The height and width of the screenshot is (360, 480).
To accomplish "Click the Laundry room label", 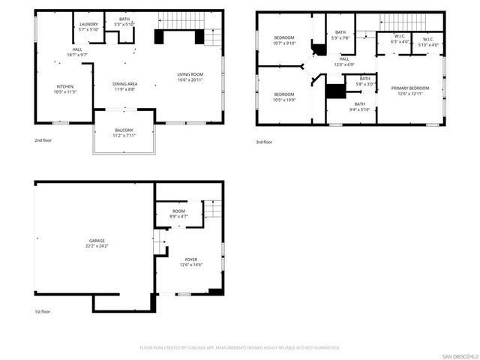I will tap(88, 27).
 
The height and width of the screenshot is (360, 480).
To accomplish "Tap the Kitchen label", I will tap(65, 88).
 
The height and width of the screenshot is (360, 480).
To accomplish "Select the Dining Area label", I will tap(124, 86).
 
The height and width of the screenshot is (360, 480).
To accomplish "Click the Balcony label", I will tap(124, 133).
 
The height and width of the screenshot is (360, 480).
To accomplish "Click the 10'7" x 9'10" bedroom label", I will tap(284, 40).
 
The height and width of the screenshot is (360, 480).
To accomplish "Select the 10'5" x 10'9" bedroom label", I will tap(284, 97).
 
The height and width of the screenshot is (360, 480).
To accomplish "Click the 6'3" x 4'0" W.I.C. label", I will tap(400, 40).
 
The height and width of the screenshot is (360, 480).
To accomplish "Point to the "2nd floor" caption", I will tap(43, 140).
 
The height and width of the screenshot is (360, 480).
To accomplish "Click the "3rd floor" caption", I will tap(263, 142).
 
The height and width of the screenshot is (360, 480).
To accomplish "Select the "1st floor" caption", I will tap(43, 311).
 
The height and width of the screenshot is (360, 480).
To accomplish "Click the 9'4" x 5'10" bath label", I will tap(359, 106).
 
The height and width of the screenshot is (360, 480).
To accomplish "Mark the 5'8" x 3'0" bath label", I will tap(364, 81).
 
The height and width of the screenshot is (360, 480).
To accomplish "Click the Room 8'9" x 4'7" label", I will tap(178, 214).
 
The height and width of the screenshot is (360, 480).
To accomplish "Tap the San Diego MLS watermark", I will tap(459, 355).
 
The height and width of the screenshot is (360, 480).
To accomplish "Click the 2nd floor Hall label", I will tap(78, 52).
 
